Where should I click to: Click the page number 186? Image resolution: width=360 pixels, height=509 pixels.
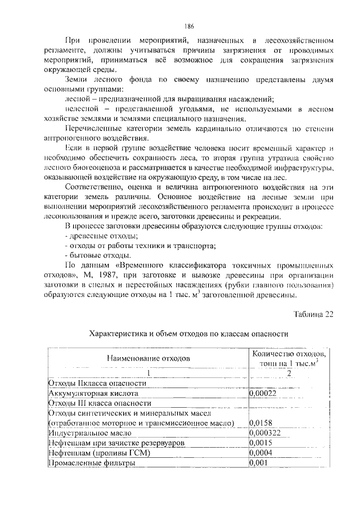click(x=189, y=26)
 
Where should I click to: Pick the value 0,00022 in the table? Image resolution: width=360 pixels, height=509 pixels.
click(x=263, y=394)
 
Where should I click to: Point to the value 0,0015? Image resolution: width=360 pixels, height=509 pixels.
click(x=260, y=443)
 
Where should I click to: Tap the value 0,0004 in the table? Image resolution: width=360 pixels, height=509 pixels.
click(x=260, y=453)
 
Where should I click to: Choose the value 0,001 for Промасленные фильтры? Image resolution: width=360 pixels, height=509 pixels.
click(x=258, y=463)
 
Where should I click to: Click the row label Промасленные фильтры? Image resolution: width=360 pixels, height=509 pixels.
click(x=91, y=463)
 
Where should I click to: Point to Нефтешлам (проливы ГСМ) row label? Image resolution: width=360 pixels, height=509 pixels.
click(x=93, y=453)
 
